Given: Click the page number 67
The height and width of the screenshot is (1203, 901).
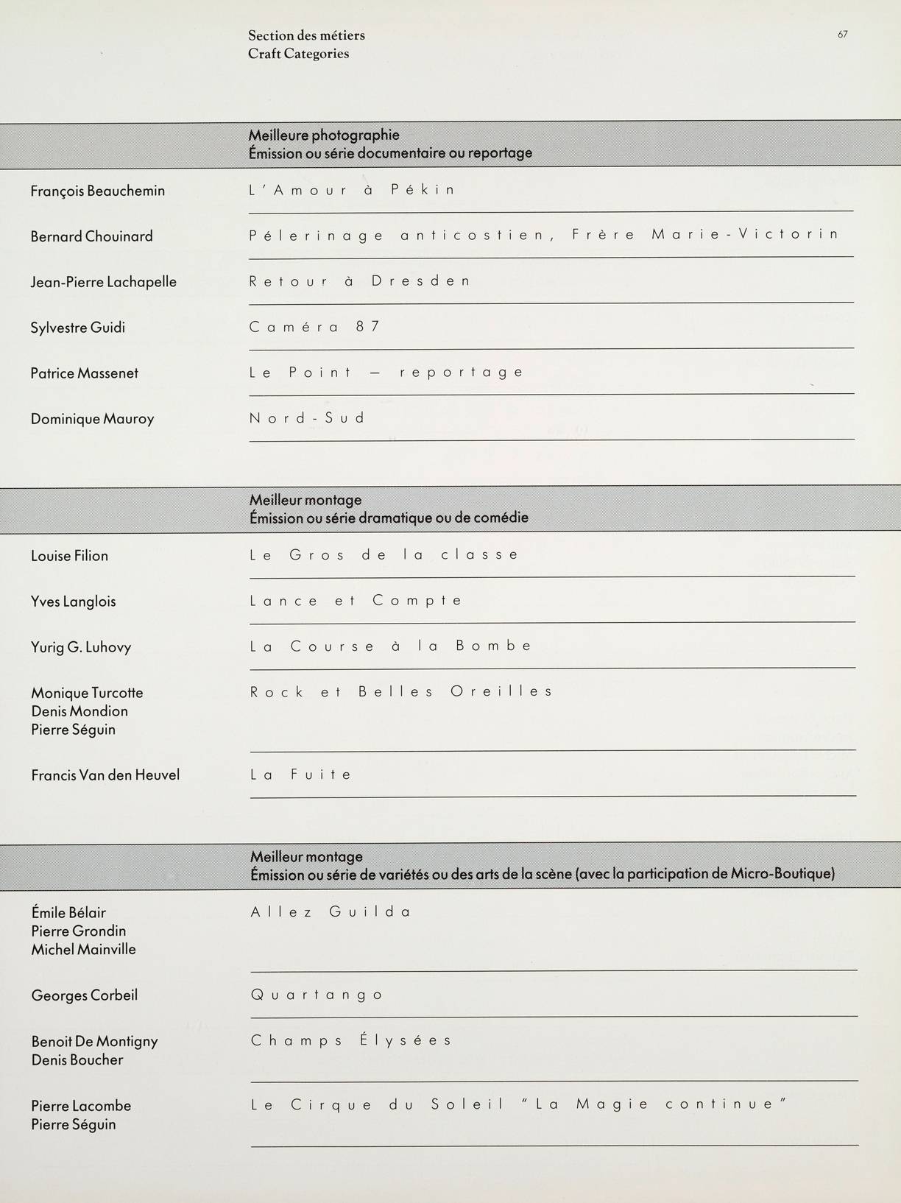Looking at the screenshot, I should point(842,34).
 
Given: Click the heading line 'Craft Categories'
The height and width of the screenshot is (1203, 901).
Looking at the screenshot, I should point(298,54).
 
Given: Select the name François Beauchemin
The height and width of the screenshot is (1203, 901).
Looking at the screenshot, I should point(97,191).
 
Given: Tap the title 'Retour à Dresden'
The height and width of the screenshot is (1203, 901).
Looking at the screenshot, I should point(359,281).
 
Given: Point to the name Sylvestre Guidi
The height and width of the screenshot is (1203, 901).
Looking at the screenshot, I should point(77,328).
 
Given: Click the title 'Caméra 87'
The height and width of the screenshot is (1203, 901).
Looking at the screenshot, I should point(314,327).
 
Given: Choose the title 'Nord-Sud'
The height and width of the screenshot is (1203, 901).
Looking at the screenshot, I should point(307,418).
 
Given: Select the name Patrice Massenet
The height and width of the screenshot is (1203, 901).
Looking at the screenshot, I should point(84,373).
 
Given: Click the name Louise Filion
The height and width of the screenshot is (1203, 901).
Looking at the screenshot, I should point(69,556).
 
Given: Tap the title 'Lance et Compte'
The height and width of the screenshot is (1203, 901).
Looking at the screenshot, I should point(356,601).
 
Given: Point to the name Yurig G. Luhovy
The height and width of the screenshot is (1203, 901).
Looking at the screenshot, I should point(81,647).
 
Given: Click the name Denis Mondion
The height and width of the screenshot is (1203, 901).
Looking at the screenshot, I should point(79,711).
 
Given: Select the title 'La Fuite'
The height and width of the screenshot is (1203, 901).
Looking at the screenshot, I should point(301,775).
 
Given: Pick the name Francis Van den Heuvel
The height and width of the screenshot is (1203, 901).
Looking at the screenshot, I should point(105,775).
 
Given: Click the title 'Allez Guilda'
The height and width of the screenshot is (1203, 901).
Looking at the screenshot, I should point(331,912).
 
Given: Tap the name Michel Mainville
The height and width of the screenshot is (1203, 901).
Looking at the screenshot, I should point(83,950).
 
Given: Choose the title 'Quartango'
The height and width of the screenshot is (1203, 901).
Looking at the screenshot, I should point(317,995).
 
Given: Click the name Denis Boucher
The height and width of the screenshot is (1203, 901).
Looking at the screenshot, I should point(77,1060).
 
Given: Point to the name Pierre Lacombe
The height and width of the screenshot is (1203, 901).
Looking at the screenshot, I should point(81,1106).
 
